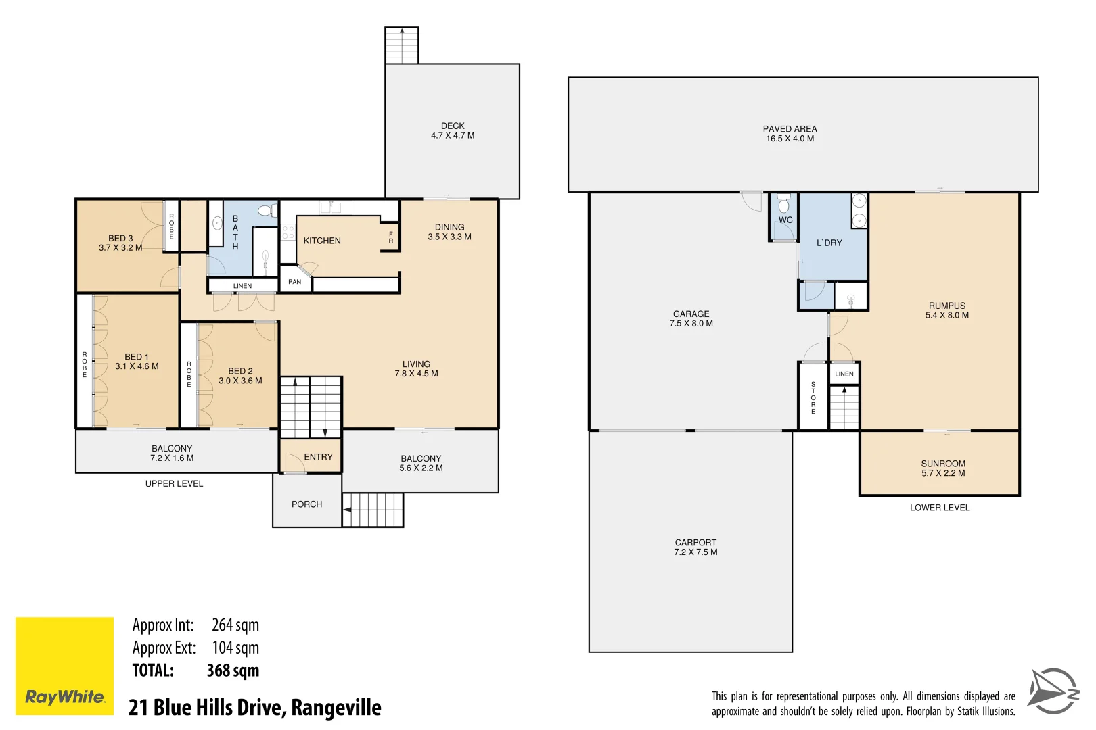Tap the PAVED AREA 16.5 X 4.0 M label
[x=790, y=134]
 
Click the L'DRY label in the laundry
[x=829, y=243]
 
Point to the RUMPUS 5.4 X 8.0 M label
[x=946, y=310]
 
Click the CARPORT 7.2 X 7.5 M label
[x=695, y=547]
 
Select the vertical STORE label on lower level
[x=813, y=397]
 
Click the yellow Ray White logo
[x=64, y=666]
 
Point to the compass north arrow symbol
[x=1053, y=691]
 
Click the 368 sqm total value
[x=233, y=671]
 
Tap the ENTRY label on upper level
[x=318, y=457]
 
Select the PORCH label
[x=306, y=504]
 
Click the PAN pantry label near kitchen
[x=294, y=282]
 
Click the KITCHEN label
[x=322, y=241]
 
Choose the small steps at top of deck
[x=401, y=45]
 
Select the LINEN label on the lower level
[x=844, y=374]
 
